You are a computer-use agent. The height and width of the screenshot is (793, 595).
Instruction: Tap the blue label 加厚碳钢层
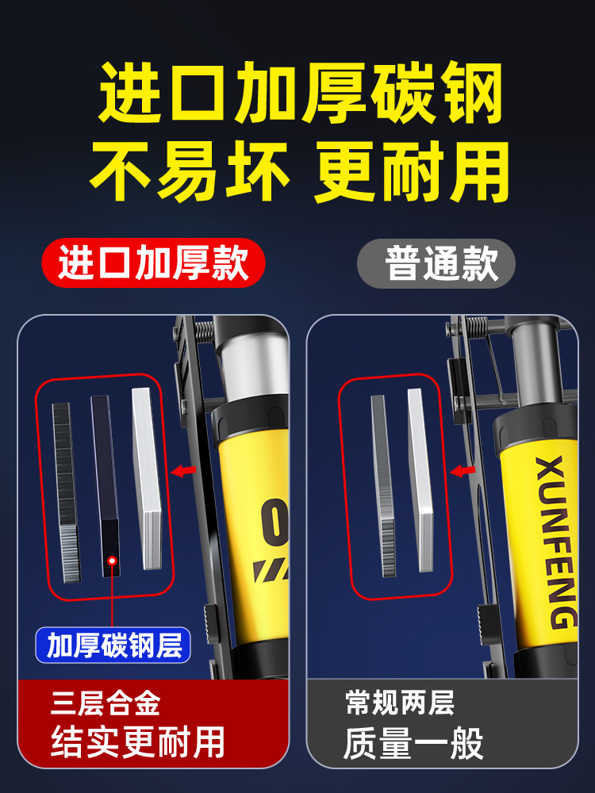(x=114, y=645)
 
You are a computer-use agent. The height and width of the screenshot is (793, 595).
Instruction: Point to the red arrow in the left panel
(x=184, y=471)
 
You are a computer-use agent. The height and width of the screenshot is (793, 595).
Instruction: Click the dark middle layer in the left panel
(x=106, y=476)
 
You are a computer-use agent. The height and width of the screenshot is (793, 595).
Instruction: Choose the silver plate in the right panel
(x=420, y=480)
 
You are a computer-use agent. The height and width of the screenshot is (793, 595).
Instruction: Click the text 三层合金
(x=105, y=703)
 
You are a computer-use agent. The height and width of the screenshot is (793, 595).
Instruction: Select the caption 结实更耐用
(x=138, y=743)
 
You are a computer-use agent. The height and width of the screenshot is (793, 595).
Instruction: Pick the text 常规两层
(x=400, y=703)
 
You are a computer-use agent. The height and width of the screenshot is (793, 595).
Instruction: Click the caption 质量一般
(x=413, y=745)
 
